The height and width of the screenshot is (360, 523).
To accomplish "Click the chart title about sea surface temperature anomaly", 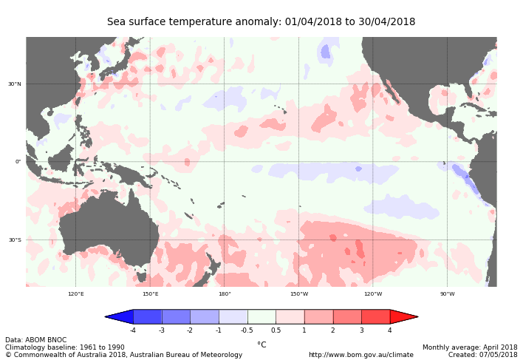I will coord(261,22).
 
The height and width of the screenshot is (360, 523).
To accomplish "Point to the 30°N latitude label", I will coord(15,84).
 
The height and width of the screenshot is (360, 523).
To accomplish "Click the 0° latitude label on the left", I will coord(18,161).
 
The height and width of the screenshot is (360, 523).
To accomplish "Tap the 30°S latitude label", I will coord(15,240).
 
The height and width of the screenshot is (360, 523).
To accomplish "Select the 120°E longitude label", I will coord(75,294).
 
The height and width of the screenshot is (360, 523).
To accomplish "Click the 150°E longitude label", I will coord(150,294).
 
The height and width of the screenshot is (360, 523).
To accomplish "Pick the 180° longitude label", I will coord(225,294).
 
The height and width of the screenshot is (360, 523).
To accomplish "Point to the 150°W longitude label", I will coord(298,294).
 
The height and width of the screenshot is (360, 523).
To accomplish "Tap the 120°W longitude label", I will coord(373,294).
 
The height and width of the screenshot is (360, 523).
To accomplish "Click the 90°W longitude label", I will coord(448,294).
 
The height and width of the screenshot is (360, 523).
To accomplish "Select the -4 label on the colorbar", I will coord(133,330).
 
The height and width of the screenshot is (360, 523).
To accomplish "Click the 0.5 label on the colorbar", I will coord(276,330).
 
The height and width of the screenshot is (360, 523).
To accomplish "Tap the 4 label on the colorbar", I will coord(389,330).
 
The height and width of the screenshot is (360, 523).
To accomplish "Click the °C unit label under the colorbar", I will coord(261,344).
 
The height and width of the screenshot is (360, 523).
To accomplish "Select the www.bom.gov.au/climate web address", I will coord(360,355).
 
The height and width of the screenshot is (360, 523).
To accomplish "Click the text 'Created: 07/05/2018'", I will coord(482,355).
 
